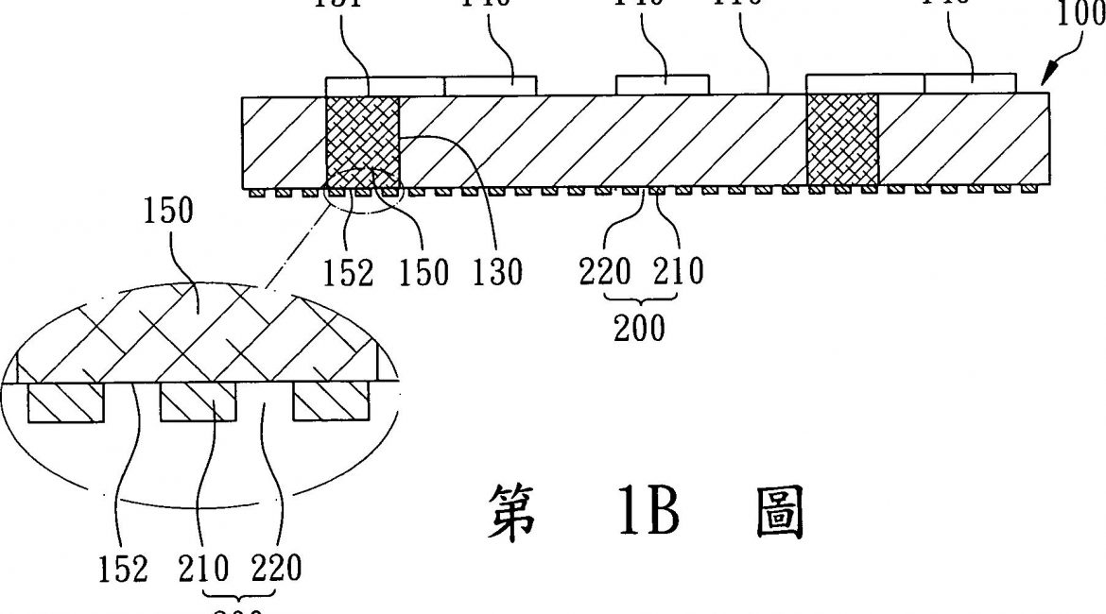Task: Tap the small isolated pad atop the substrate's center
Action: tap(661, 84)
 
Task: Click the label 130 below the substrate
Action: tap(499, 272)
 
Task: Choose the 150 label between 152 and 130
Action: tap(424, 272)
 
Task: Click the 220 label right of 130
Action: tap(606, 272)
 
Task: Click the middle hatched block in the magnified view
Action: tap(197, 402)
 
